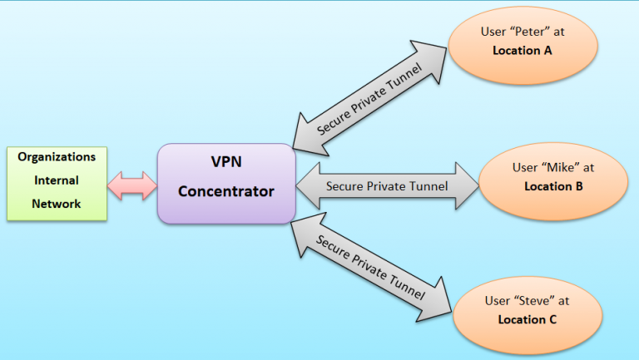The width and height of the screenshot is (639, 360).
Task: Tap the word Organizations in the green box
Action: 57,156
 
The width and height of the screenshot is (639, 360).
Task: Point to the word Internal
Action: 57,180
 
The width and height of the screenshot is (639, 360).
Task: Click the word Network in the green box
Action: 57,203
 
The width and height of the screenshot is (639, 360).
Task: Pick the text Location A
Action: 523,52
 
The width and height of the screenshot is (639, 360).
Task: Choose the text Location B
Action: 552,185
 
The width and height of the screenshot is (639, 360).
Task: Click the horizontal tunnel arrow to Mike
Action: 388,185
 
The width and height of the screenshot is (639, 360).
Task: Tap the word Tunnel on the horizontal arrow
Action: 428,185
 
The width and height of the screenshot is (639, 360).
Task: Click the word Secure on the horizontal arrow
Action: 344,185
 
